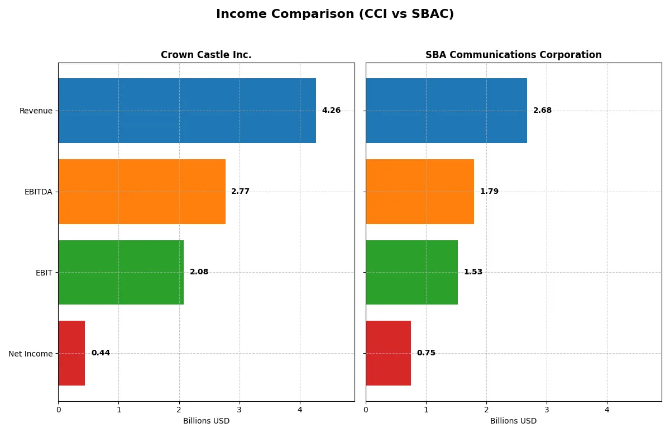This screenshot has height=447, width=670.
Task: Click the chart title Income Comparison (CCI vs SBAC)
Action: click(335, 15)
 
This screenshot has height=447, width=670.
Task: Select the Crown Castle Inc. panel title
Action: click(206, 55)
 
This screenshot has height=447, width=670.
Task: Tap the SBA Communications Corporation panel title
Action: click(513, 55)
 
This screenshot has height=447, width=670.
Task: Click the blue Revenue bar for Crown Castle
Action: click(187, 111)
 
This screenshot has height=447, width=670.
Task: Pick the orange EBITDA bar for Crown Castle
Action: click(142, 192)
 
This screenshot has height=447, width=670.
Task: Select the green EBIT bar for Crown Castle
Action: click(121, 272)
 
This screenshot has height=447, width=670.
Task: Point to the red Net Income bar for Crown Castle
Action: click(71, 353)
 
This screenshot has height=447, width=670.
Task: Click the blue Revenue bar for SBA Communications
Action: click(446, 111)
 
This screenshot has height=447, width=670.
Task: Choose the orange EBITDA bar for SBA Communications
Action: click(420, 192)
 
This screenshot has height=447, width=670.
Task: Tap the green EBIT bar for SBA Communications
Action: click(411, 272)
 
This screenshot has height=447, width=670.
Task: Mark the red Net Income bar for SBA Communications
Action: click(388, 353)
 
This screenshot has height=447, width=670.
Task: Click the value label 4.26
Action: click(331, 111)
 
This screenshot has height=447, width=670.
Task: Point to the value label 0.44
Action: click(100, 353)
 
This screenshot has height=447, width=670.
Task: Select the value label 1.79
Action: click(489, 192)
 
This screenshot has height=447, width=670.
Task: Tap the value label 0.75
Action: click(426, 353)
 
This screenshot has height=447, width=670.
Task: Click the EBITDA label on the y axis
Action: click(38, 192)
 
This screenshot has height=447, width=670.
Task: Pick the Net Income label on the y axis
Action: click(30, 354)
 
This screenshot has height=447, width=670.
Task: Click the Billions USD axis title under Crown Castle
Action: click(206, 421)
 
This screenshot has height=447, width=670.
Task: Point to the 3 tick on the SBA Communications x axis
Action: click(547, 410)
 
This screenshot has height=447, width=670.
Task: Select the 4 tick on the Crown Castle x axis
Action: click(300, 410)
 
